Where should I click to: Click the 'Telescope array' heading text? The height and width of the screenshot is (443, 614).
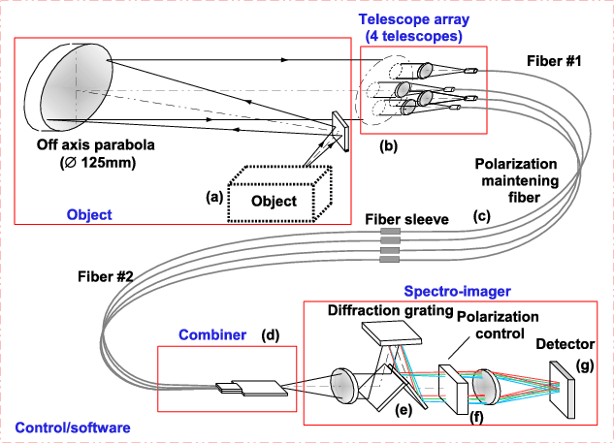click(x=416, y=18)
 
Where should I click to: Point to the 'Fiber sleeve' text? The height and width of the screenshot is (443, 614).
click(x=406, y=220)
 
